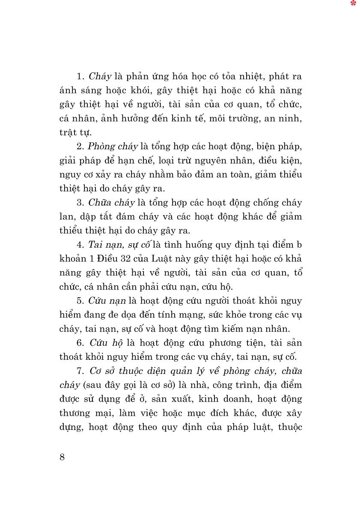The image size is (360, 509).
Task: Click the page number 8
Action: point(62,457)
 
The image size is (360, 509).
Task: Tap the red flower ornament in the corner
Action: point(353,3)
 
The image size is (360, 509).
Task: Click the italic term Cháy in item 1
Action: point(100,77)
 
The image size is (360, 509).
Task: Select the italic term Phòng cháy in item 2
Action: point(113,147)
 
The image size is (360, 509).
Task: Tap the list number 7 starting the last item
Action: point(80,371)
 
